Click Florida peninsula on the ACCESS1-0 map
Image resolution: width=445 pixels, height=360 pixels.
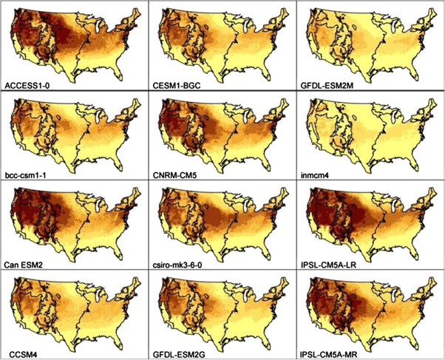[122, 76]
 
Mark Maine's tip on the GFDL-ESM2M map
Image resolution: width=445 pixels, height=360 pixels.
[435, 10]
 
